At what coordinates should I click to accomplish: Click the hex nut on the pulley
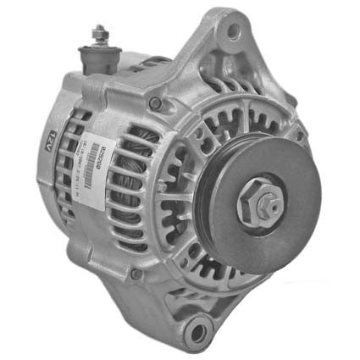tap(263, 203)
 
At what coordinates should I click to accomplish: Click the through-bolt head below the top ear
tap(155, 103)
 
